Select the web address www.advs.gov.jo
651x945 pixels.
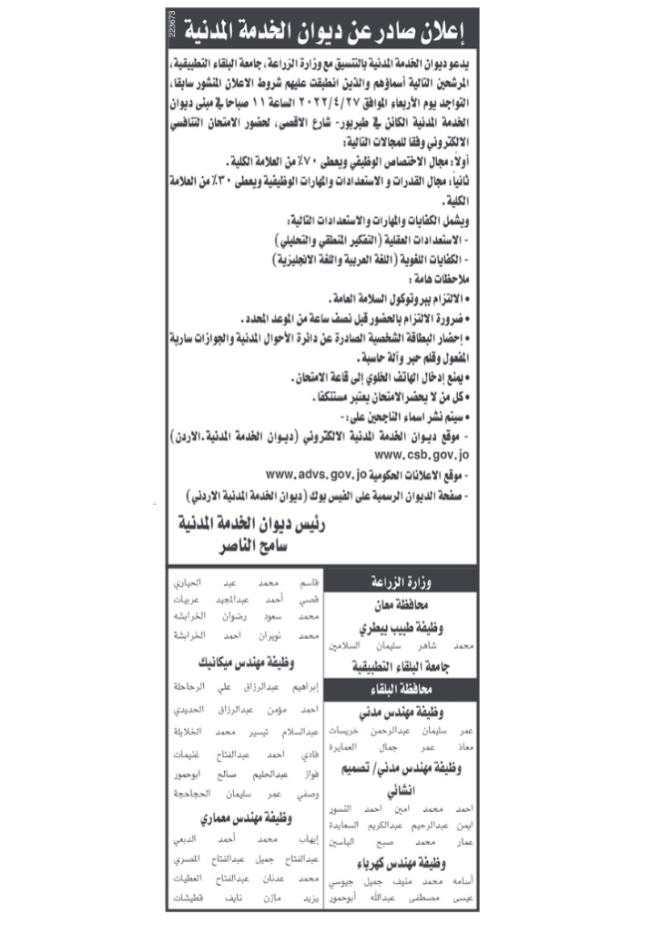click(317, 474)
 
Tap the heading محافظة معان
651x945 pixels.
click(400, 604)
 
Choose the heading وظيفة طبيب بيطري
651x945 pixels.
click(399, 627)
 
